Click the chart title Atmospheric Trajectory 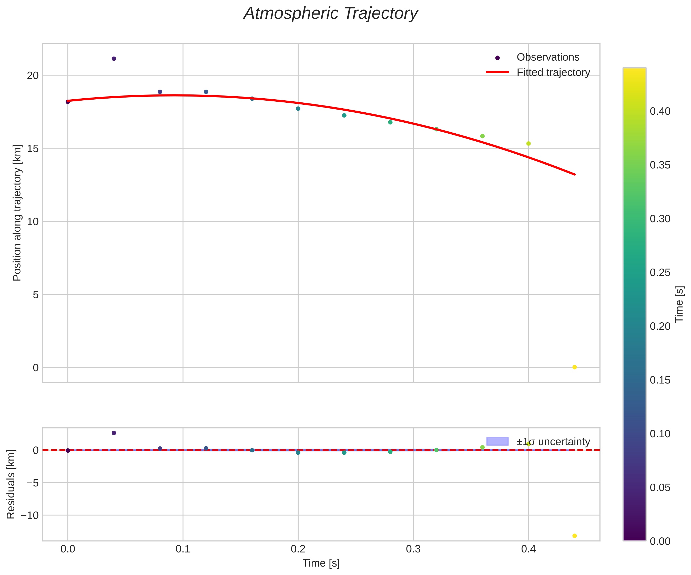[330, 14]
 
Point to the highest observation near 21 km [114, 59]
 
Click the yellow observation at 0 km [575, 367]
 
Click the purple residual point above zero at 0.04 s [114, 433]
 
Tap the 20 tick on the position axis [33, 75]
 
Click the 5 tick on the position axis [36, 295]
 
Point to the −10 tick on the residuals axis [30, 515]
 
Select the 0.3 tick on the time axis [413, 549]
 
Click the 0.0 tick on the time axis [68, 549]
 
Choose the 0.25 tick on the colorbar [660, 273]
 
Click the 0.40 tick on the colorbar [660, 111]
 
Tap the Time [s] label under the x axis [321, 563]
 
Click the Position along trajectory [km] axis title [17, 213]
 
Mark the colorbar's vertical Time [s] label [679, 304]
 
